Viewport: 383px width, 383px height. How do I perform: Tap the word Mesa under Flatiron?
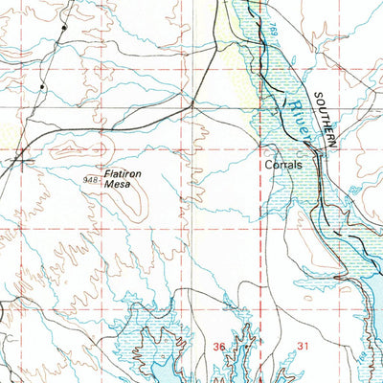tap(130, 186)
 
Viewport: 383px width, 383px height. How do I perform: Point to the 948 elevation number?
tap(91, 179)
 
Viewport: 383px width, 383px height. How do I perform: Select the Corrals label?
tap(283, 165)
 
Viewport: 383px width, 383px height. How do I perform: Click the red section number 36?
tap(219, 346)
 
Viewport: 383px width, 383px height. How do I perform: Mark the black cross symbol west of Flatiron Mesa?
tap(21, 160)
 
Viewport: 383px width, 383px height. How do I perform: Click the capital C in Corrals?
tap(269, 165)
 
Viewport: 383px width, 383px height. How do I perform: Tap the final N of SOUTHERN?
tap(335, 143)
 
